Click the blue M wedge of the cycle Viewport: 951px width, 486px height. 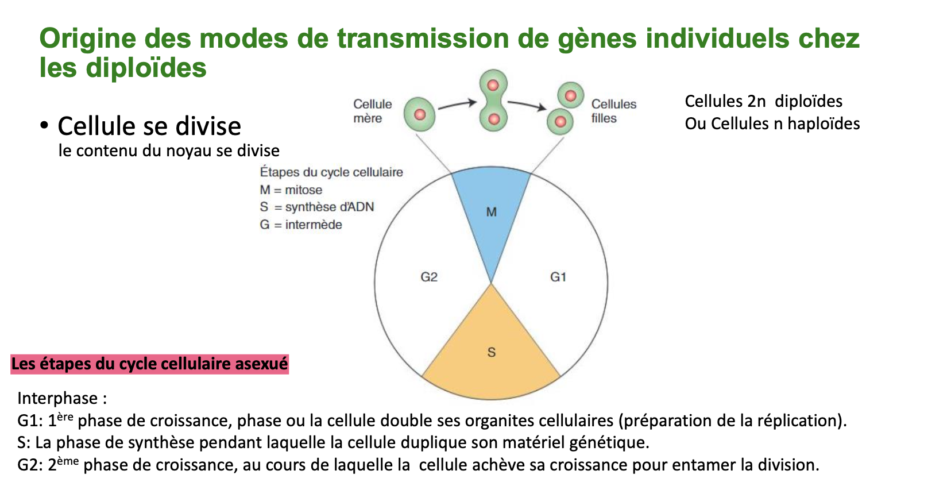[491, 213]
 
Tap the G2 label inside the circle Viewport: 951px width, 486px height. [429, 277]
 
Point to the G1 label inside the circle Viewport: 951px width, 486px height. [558, 277]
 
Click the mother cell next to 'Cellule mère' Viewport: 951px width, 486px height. [419, 114]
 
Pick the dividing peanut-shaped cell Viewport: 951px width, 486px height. [493, 102]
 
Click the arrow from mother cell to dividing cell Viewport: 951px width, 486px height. [457, 105]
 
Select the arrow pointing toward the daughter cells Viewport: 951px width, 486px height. [527, 105]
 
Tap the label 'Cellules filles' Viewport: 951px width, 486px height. [613, 111]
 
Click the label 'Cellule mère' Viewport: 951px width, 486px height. [372, 111]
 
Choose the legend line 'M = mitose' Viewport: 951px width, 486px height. [291, 190]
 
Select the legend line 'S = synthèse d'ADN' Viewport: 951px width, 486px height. [316, 207]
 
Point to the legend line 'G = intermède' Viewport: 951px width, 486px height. [300, 225]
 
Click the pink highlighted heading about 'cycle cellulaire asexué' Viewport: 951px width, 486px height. [149, 364]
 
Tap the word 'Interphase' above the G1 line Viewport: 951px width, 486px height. [57, 398]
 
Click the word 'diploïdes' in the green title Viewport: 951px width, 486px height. [146, 68]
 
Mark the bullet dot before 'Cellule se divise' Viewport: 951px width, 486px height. [44, 125]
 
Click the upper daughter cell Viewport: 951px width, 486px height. [570, 95]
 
